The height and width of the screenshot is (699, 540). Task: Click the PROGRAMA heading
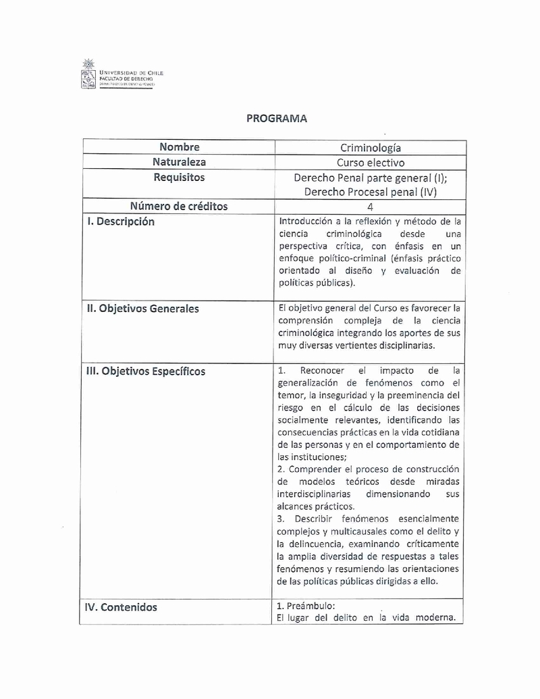[x=277, y=118]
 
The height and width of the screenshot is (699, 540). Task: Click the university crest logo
[x=87, y=74]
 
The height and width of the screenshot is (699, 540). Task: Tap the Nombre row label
[x=180, y=147]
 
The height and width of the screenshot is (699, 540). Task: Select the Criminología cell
[x=371, y=148]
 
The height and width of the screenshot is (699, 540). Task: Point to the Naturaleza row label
[x=180, y=162]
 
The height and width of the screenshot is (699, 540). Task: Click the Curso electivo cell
[x=371, y=163]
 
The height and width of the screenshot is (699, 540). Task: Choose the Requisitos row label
[x=179, y=178]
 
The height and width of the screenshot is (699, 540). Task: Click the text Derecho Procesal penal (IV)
[x=371, y=192]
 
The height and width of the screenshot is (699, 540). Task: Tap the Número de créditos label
[x=179, y=207]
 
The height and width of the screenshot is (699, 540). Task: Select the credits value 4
[x=370, y=207]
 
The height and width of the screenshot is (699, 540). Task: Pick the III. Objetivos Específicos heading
[x=145, y=371]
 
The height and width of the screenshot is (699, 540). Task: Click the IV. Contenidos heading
[x=121, y=607]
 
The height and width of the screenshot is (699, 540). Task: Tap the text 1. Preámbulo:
[x=306, y=606]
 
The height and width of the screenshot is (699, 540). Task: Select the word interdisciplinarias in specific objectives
[x=317, y=494]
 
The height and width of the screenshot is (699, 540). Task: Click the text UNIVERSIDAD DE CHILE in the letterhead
[x=131, y=73]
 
